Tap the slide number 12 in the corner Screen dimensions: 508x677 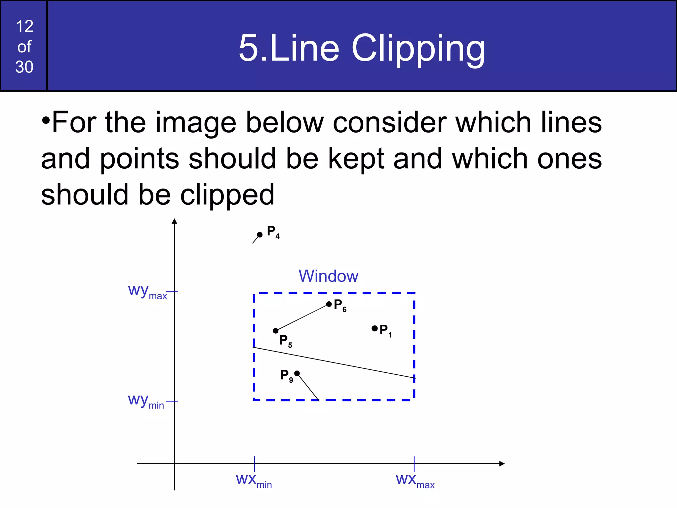click(x=24, y=26)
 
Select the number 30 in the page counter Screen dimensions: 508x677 click(x=24, y=67)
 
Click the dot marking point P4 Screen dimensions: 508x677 click(x=260, y=234)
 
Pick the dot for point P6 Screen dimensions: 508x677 click(x=329, y=304)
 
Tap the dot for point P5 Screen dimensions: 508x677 click(x=276, y=331)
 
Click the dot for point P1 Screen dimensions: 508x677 click(x=375, y=328)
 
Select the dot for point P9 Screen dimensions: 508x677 click(x=297, y=373)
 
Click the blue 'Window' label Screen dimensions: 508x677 click(x=328, y=276)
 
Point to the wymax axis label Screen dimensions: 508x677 click(x=147, y=291)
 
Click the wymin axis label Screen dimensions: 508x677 click(x=146, y=401)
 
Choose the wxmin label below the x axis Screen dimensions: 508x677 click(x=254, y=481)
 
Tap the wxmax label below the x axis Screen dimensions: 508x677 click(x=415, y=481)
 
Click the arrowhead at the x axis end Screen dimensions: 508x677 click(x=502, y=464)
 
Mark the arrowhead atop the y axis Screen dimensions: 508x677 click(x=175, y=221)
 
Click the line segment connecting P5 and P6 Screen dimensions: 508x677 click(x=302, y=317)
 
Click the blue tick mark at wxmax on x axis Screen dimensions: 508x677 click(x=414, y=463)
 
